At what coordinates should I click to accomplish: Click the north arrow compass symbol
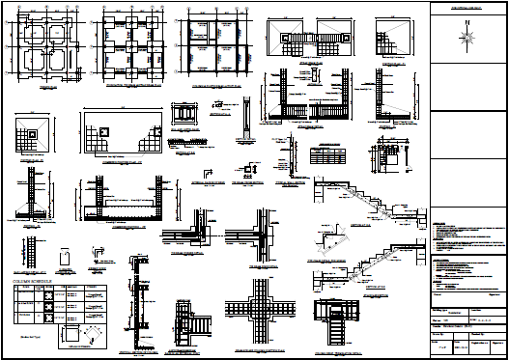467,37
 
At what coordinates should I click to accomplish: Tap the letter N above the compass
467,20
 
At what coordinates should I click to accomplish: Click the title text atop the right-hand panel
467,8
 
